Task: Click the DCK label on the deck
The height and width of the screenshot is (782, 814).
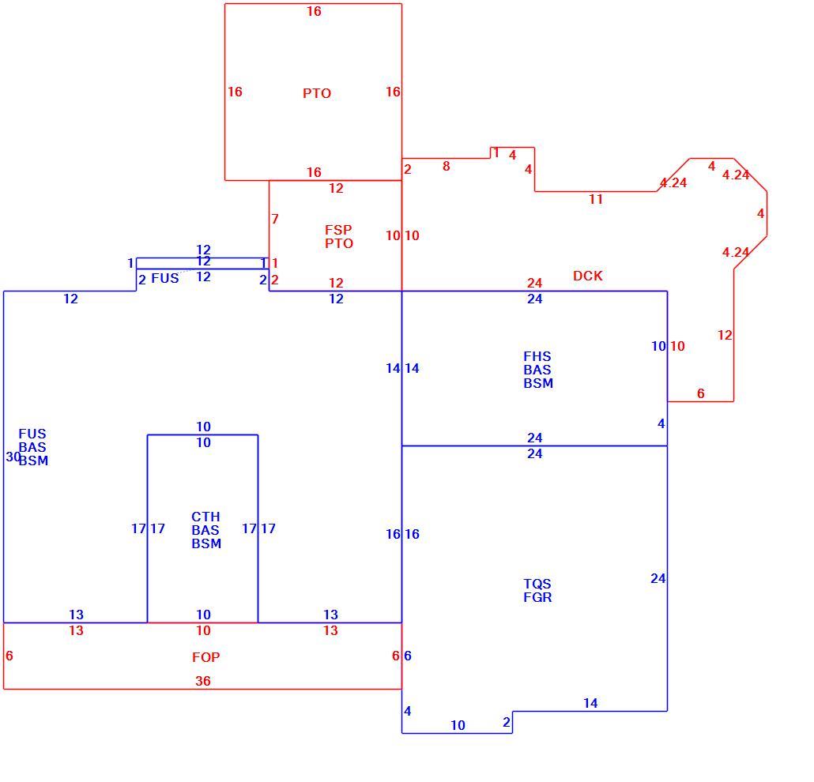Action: [588, 276]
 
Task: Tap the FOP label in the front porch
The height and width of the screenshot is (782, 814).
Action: [206, 657]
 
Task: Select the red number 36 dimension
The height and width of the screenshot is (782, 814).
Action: [203, 681]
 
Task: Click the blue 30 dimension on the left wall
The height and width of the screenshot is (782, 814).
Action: [13, 457]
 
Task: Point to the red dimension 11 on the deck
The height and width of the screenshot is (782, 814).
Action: [596, 199]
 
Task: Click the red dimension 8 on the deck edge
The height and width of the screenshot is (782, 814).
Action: [446, 166]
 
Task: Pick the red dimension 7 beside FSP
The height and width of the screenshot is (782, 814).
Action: [275, 219]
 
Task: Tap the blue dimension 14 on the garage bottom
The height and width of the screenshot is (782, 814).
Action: [590, 703]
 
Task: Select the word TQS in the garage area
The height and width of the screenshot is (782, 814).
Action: [537, 584]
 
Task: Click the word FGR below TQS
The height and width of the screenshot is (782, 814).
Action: [538, 597]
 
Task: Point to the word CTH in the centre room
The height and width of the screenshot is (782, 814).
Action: [205, 517]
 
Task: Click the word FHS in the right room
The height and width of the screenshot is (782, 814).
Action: [537, 356]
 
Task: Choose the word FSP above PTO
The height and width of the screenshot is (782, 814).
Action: [338, 229]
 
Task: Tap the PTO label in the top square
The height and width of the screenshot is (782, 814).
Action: [317, 93]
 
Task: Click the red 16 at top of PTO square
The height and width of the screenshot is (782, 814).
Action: [314, 11]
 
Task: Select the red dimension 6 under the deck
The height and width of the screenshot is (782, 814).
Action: [701, 394]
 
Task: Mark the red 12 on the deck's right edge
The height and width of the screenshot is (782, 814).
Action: [725, 335]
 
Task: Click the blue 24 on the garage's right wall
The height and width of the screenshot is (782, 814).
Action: [658, 578]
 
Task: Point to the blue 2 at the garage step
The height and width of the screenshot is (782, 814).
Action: [507, 722]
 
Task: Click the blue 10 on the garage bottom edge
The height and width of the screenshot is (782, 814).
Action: [458, 725]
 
